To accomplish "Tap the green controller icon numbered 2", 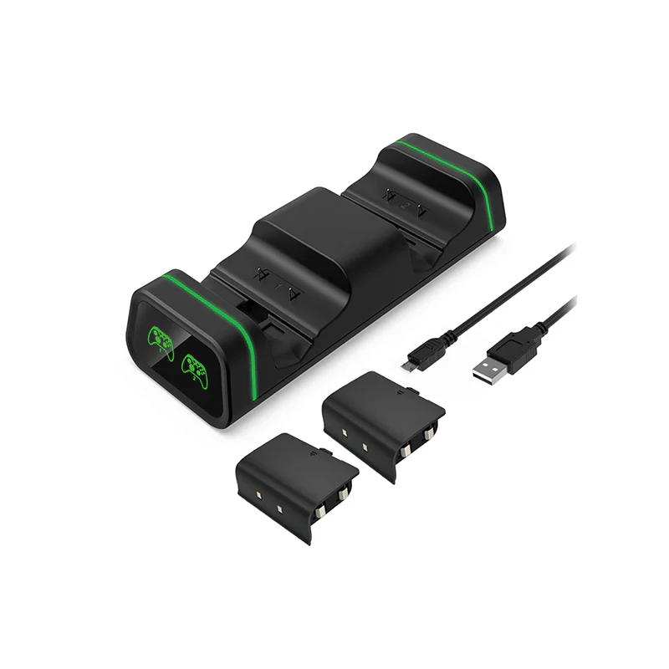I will click(194, 367).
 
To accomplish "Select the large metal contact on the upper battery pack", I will click(429, 435).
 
